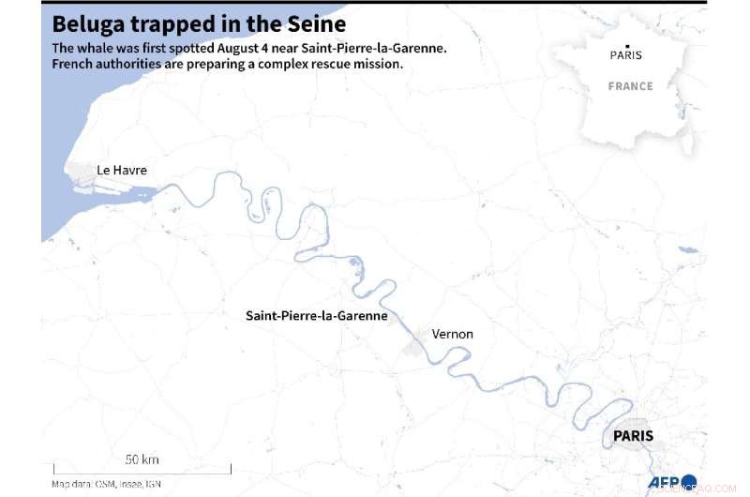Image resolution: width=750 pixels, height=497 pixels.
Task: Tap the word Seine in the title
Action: pyautogui.click(x=314, y=23)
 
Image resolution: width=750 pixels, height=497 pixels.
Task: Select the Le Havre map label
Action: pyautogui.click(x=122, y=170)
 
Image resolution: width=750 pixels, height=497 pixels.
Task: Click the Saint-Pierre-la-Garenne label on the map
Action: pyautogui.click(x=316, y=316)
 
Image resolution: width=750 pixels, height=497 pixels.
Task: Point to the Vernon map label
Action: pyautogui.click(x=452, y=334)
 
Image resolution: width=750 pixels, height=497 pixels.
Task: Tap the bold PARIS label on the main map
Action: pyautogui.click(x=633, y=436)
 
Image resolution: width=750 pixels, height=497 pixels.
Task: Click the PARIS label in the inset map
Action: pyautogui.click(x=626, y=54)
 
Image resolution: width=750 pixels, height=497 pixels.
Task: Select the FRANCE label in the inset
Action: pyautogui.click(x=630, y=86)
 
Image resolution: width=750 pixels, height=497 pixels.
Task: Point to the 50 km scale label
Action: pyautogui.click(x=142, y=459)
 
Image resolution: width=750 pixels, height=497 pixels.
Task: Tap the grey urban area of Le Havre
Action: pyautogui.click(x=80, y=173)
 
